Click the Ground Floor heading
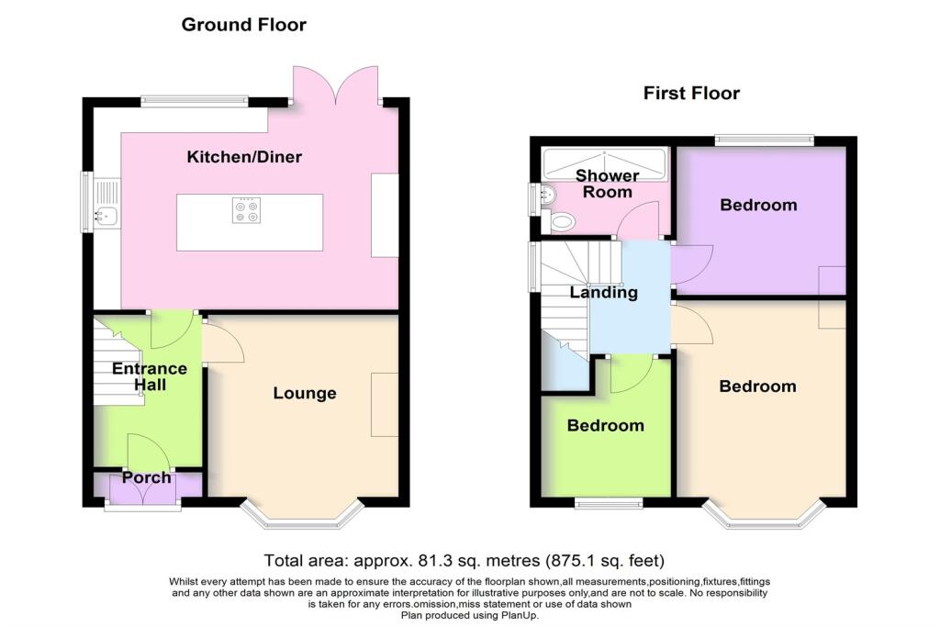coord(243,25)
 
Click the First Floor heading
coord(691,93)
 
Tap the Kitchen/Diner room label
coord(244,157)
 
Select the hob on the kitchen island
coord(246,211)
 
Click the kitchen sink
coord(106,217)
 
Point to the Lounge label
coord(305,393)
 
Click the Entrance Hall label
coord(149,376)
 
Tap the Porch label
coord(147,477)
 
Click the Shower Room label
coord(604,184)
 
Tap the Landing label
coord(603,293)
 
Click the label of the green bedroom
coord(605,426)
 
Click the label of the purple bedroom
coord(758,205)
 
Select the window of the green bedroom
coord(608,502)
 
